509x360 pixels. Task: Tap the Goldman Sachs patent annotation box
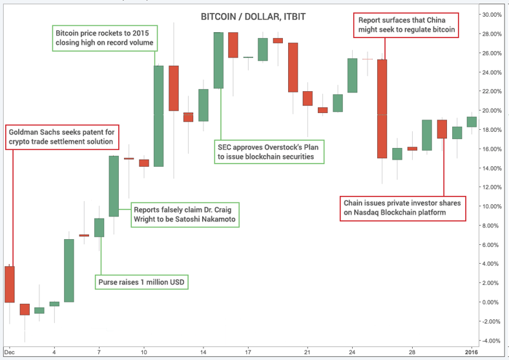(61, 136)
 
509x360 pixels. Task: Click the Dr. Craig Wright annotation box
(184, 215)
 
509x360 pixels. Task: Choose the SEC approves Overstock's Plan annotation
(269, 151)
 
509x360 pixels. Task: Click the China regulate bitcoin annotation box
(407, 25)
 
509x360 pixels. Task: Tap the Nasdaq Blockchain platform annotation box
(402, 207)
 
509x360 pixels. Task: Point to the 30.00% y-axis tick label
(490, 14)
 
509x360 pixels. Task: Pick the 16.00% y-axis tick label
(490, 149)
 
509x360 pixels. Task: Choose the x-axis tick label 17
(247, 353)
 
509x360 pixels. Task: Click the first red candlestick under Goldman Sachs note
(10, 284)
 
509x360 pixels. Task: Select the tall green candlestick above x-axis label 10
(158, 116)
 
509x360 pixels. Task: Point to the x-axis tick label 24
(352, 353)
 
